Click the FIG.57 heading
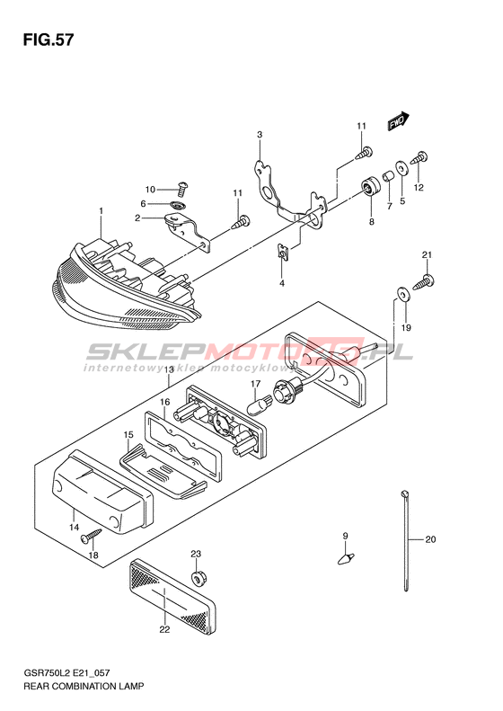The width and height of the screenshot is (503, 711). tap(48, 40)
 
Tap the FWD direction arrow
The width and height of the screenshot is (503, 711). tap(398, 121)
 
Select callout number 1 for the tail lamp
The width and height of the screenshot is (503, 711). tap(101, 211)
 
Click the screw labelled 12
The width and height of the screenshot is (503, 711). tap(419, 159)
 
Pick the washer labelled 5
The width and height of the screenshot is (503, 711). tap(402, 167)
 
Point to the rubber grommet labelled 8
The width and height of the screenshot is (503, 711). tap(370, 186)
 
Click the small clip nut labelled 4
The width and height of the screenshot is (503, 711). tap(282, 252)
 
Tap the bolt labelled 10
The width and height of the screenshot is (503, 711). tap(181, 188)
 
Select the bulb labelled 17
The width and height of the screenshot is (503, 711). tap(260, 403)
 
